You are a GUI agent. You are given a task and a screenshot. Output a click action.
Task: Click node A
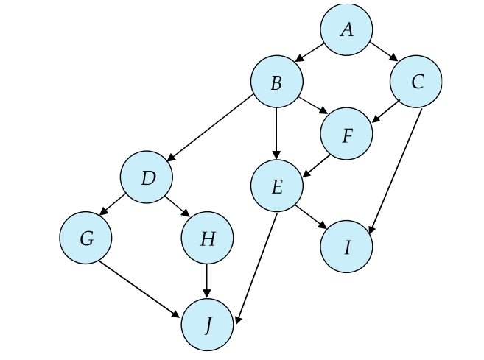point(346,30)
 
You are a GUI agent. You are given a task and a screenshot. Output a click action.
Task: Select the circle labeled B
point(276,83)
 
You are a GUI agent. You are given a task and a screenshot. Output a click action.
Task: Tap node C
point(416,82)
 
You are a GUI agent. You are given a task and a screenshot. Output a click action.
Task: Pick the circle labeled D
point(147,177)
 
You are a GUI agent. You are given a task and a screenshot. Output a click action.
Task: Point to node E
point(276,187)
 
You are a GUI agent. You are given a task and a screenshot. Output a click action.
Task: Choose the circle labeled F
point(346,135)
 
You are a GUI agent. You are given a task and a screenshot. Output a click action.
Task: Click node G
point(86,239)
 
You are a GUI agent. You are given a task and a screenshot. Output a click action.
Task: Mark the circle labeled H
point(207,239)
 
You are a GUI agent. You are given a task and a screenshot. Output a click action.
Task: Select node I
point(346,247)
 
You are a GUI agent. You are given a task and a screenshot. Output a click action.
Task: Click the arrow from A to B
point(311,52)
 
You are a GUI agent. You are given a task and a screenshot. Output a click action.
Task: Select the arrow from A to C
point(383,52)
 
